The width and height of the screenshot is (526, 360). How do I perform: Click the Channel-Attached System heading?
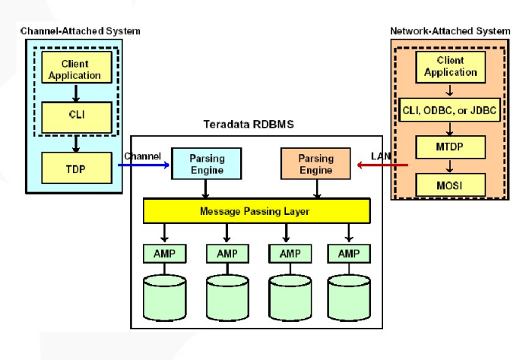[82, 30]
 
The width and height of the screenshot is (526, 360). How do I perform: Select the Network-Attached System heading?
[450, 31]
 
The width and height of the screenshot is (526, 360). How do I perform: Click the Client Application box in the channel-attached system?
[76, 69]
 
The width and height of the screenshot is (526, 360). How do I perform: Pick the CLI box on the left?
[76, 116]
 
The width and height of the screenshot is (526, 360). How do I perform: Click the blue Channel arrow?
[144, 164]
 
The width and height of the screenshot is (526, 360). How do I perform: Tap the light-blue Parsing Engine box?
[205, 164]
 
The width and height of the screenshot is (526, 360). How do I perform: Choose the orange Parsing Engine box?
[315, 164]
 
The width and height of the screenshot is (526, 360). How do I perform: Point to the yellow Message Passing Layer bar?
[256, 211]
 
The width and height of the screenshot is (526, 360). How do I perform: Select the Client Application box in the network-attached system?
[450, 67]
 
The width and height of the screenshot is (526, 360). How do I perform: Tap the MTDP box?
[450, 147]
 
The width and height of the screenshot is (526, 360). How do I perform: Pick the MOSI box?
[450, 183]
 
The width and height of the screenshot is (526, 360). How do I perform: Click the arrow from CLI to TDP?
[76, 143]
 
